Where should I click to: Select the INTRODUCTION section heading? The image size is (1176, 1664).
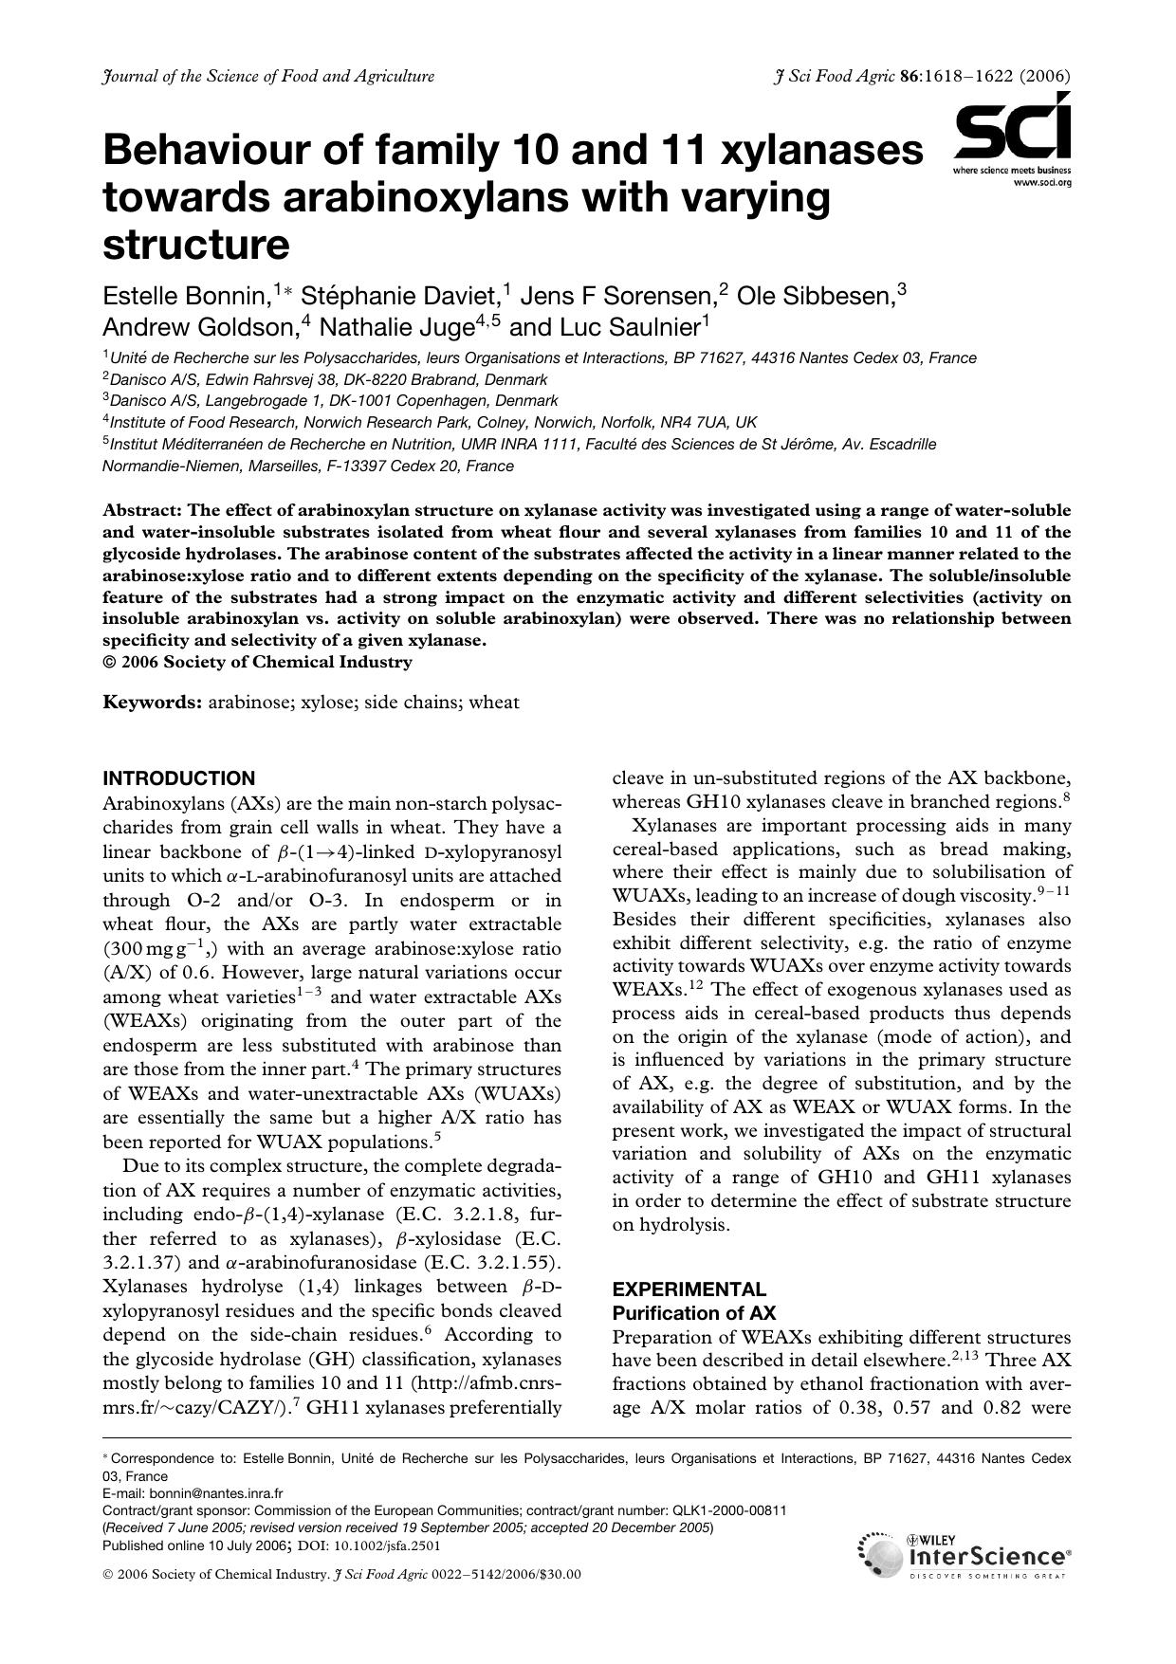(178, 778)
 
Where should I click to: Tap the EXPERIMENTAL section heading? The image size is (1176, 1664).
(689, 1289)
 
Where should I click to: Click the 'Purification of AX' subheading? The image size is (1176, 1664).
(693, 1313)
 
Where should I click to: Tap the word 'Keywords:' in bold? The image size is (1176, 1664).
(152, 703)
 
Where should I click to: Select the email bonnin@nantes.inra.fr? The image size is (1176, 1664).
(216, 1492)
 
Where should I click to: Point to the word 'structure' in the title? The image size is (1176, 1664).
(195, 245)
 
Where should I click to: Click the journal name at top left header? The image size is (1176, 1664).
(267, 77)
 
